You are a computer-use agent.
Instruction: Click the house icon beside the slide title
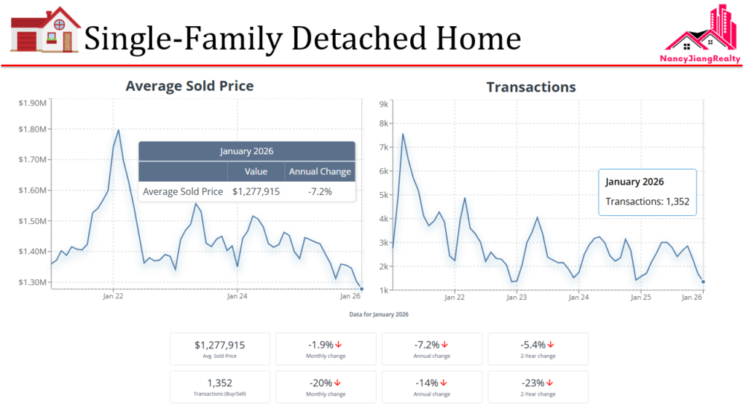[x=45, y=31]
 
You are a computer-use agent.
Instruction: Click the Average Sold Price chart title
[x=189, y=86]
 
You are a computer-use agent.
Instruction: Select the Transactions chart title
[x=530, y=87]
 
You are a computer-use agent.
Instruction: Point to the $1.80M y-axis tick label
[x=33, y=129]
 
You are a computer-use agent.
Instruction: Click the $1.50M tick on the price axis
[x=33, y=221]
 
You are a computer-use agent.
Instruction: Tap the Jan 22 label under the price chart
[x=113, y=296]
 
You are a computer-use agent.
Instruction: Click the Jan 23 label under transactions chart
[x=517, y=297]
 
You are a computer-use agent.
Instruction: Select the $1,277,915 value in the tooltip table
[x=256, y=192]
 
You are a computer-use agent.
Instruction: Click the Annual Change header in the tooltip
[x=320, y=172]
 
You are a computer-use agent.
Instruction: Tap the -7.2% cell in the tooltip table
[x=320, y=192]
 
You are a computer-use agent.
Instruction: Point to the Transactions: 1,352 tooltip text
[x=647, y=201]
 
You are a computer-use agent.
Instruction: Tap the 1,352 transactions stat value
[x=219, y=383]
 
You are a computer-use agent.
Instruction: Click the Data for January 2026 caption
[x=378, y=314]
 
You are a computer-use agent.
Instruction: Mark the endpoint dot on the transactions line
[x=703, y=282]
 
